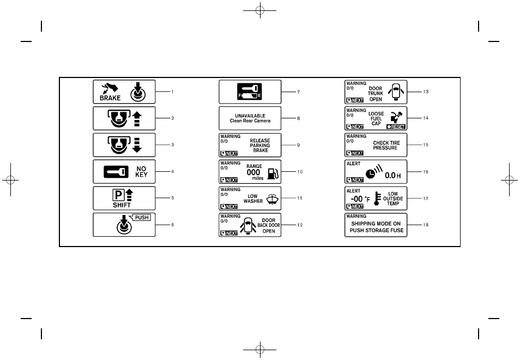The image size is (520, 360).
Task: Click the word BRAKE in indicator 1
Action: (x=110, y=99)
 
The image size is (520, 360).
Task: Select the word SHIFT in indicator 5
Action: (x=122, y=206)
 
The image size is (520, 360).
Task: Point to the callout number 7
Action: (x=299, y=92)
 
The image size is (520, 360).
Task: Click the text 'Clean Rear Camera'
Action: (x=250, y=121)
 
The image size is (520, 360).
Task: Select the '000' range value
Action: (x=253, y=172)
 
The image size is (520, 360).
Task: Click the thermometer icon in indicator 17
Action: (x=376, y=200)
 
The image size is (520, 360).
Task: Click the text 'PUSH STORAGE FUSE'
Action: (x=376, y=230)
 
